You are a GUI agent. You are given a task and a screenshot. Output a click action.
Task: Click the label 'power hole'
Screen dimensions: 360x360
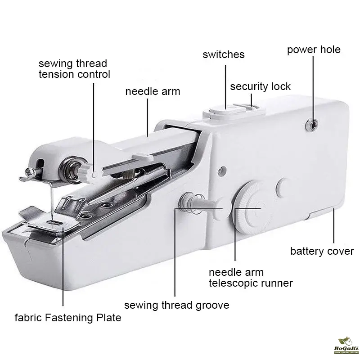point(314,50)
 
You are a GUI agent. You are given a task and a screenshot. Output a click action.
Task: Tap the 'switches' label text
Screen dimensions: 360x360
point(223,54)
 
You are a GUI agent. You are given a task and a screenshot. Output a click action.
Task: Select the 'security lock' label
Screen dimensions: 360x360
point(261,86)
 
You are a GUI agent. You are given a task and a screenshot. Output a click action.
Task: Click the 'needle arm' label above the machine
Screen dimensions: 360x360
point(153,92)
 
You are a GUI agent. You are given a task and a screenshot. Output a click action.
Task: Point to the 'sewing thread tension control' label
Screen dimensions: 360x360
point(74,69)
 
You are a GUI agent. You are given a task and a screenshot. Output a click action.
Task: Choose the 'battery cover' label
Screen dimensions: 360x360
point(322,251)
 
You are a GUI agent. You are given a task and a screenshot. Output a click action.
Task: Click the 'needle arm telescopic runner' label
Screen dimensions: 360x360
point(251,278)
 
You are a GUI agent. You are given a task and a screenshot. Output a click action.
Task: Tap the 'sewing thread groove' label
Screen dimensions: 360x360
point(176,306)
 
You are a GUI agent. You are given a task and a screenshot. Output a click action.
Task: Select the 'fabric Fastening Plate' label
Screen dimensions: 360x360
point(68,318)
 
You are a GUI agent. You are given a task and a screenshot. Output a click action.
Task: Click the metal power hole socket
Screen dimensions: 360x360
point(311,125)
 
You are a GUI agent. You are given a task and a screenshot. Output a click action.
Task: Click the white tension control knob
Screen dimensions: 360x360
point(88,173)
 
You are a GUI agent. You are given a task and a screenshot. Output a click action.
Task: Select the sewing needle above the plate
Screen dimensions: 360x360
point(52,200)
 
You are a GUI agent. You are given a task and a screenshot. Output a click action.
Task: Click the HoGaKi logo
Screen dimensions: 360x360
point(346,346)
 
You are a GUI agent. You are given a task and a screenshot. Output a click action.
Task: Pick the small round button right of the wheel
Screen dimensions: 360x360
point(283,188)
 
